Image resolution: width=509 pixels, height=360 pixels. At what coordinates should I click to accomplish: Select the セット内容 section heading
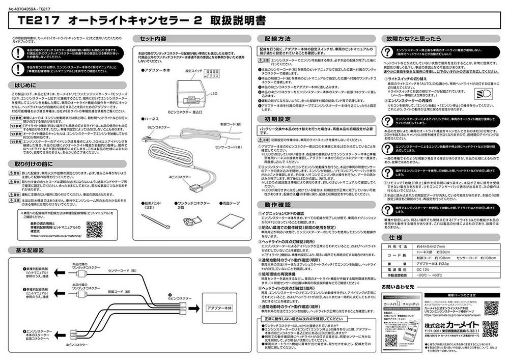pyautogui.click(x=153, y=39)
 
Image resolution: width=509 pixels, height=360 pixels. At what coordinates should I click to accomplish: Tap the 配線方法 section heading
pyautogui.click(x=277, y=39)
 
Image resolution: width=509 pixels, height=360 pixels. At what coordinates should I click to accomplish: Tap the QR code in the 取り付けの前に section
pyautogui.click(x=94, y=229)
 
